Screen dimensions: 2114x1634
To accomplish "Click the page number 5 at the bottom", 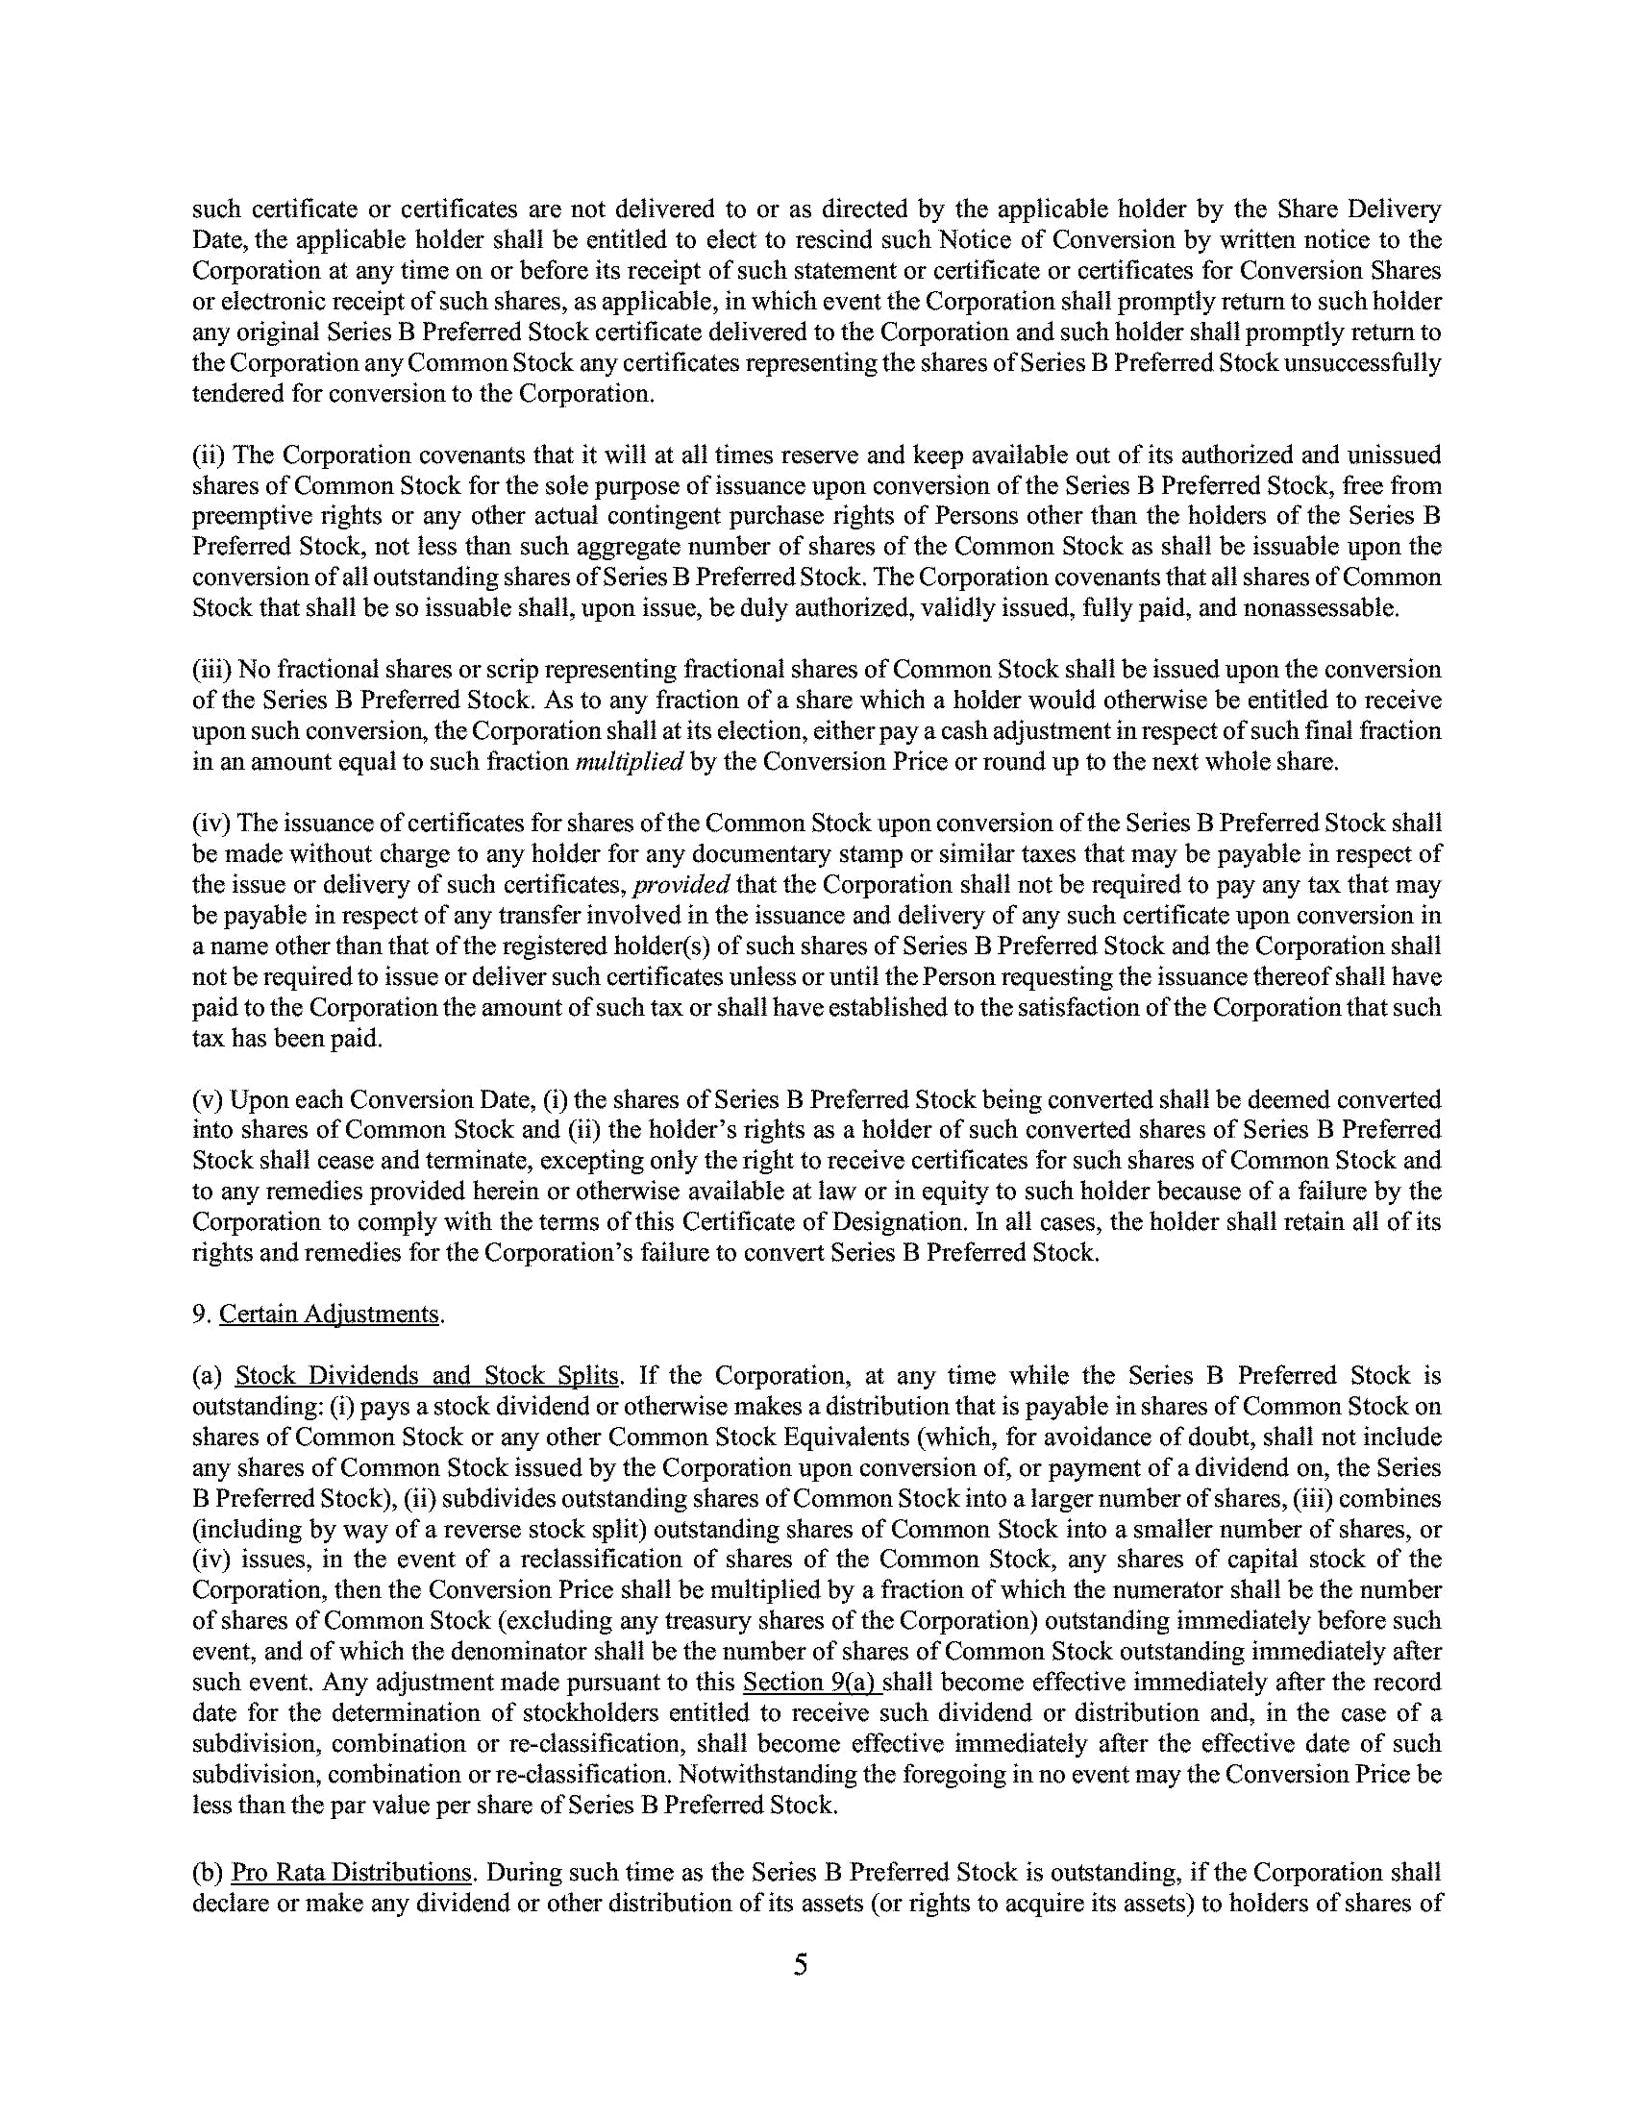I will click(x=800, y=1965).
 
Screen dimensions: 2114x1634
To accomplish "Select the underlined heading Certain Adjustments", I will click(x=330, y=1314).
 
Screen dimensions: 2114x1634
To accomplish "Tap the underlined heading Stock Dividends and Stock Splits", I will click(x=426, y=1375).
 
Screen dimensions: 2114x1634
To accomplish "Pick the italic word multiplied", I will click(x=630, y=762).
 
